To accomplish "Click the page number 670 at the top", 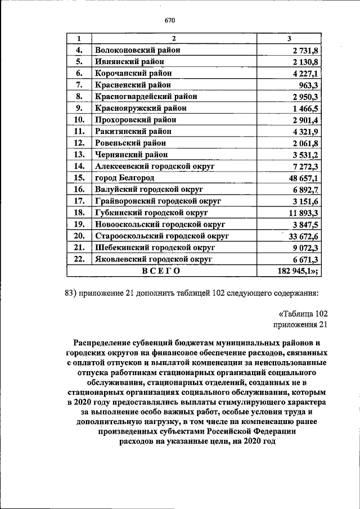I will pos(171,21).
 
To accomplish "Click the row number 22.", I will pos(79,259).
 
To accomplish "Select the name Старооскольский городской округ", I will pos(161,236).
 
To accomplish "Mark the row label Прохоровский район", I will pos(136,120).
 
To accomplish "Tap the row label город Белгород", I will pos(124,178).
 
